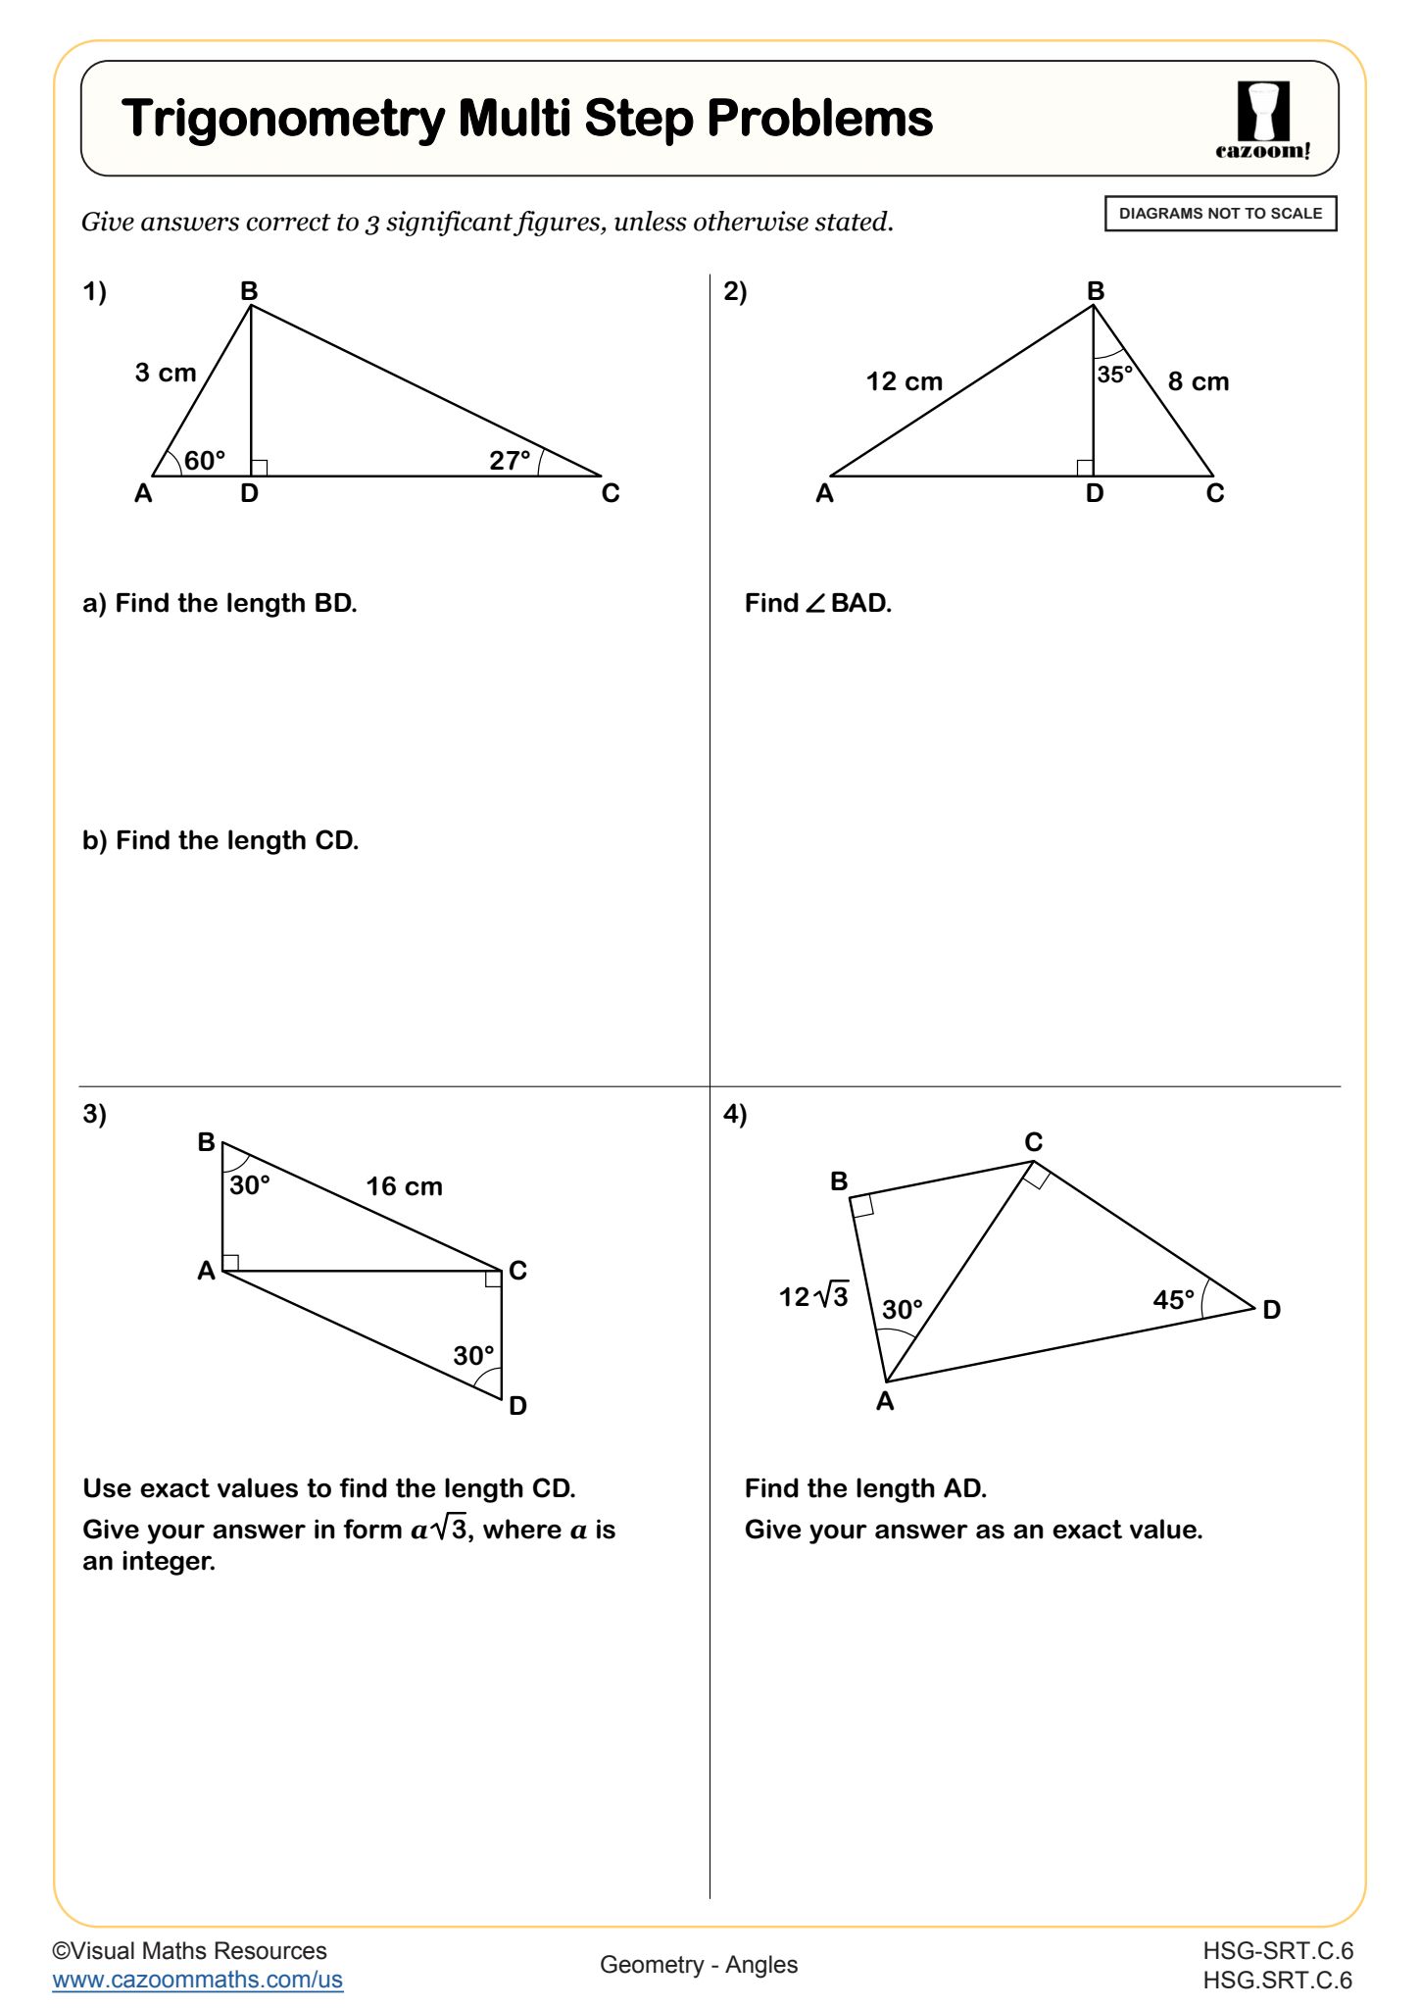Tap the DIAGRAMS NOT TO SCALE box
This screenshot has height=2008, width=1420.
tap(1220, 214)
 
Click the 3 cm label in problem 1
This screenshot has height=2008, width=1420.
tap(166, 373)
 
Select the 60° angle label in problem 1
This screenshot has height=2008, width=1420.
tap(204, 460)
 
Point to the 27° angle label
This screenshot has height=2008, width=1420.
tap(510, 460)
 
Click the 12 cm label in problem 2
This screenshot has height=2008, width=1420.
tap(904, 381)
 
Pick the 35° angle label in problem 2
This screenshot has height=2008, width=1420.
tap(1115, 375)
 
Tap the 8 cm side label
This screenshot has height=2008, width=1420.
tap(1198, 381)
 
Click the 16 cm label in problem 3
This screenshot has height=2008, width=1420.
tap(404, 1186)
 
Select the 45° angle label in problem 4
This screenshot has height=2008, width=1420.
tap(1173, 1300)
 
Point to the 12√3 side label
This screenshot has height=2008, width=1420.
tap(813, 1296)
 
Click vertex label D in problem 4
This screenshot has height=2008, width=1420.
tap(1271, 1310)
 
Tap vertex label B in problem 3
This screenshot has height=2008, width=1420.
tap(206, 1142)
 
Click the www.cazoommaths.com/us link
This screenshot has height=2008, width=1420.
tap(198, 1979)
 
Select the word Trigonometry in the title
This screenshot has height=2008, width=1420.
tap(283, 120)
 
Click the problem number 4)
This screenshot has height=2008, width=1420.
tap(735, 1114)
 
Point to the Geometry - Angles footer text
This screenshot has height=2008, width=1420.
tap(699, 1964)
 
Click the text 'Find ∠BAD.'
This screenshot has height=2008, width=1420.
tap(818, 603)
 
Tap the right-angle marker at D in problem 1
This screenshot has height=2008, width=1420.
tap(259, 468)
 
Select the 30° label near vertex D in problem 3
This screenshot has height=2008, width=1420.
tap(473, 1356)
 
